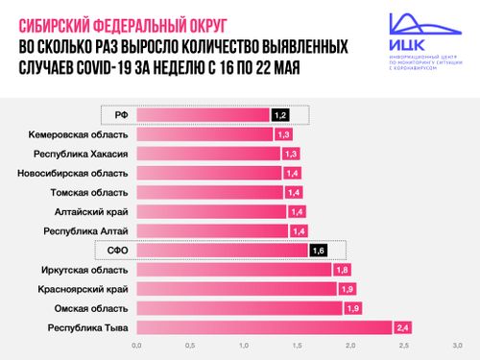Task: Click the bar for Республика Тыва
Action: click(264, 327)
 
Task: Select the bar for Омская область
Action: click(240, 308)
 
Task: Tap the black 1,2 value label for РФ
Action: click(279, 115)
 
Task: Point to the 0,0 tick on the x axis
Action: click(137, 346)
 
